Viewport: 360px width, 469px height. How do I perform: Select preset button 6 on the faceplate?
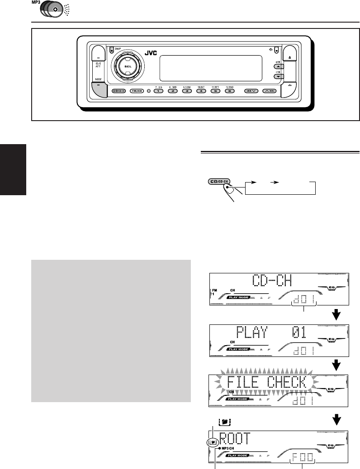[x=230, y=91]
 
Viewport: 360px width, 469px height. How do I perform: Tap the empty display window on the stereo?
[x=210, y=66]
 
